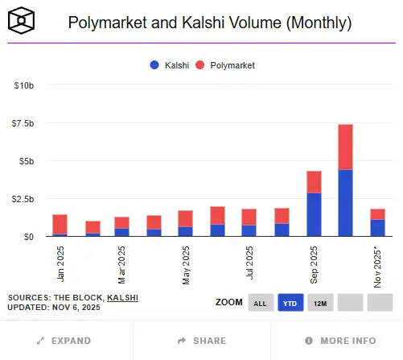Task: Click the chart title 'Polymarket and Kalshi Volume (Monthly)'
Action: (209, 23)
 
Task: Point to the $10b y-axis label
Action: (23, 85)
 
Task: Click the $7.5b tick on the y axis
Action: (22, 123)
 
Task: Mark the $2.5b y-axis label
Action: (22, 199)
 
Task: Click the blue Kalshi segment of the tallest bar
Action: (345, 203)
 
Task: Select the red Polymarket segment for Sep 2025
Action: (314, 182)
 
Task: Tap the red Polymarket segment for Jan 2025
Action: (60, 224)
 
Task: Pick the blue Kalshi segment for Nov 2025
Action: (376, 228)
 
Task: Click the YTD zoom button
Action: (290, 303)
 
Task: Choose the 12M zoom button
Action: (319, 303)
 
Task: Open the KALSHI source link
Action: (121, 297)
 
